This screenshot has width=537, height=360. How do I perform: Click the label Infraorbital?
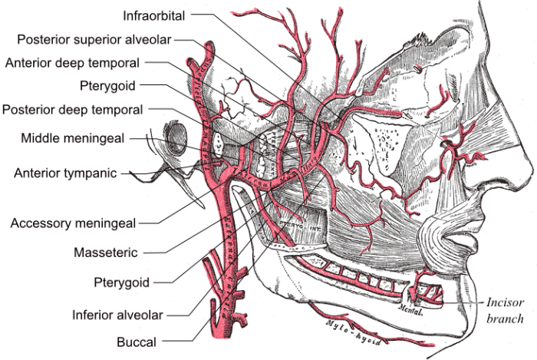click(156, 13)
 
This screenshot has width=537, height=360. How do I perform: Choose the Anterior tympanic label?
click(65, 173)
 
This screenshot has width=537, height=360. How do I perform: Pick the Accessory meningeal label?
click(73, 223)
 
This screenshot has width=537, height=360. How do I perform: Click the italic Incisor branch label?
click(504, 310)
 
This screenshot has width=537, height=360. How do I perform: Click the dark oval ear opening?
click(176, 138)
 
